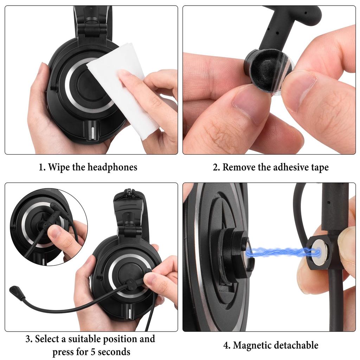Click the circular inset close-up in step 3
48,225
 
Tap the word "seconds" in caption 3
114,352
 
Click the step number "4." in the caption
227,345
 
